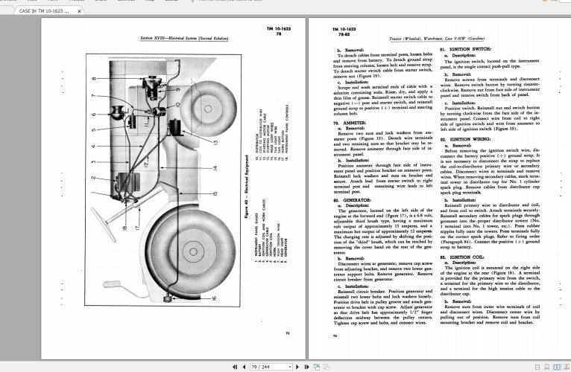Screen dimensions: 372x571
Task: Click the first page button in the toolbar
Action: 236,367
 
